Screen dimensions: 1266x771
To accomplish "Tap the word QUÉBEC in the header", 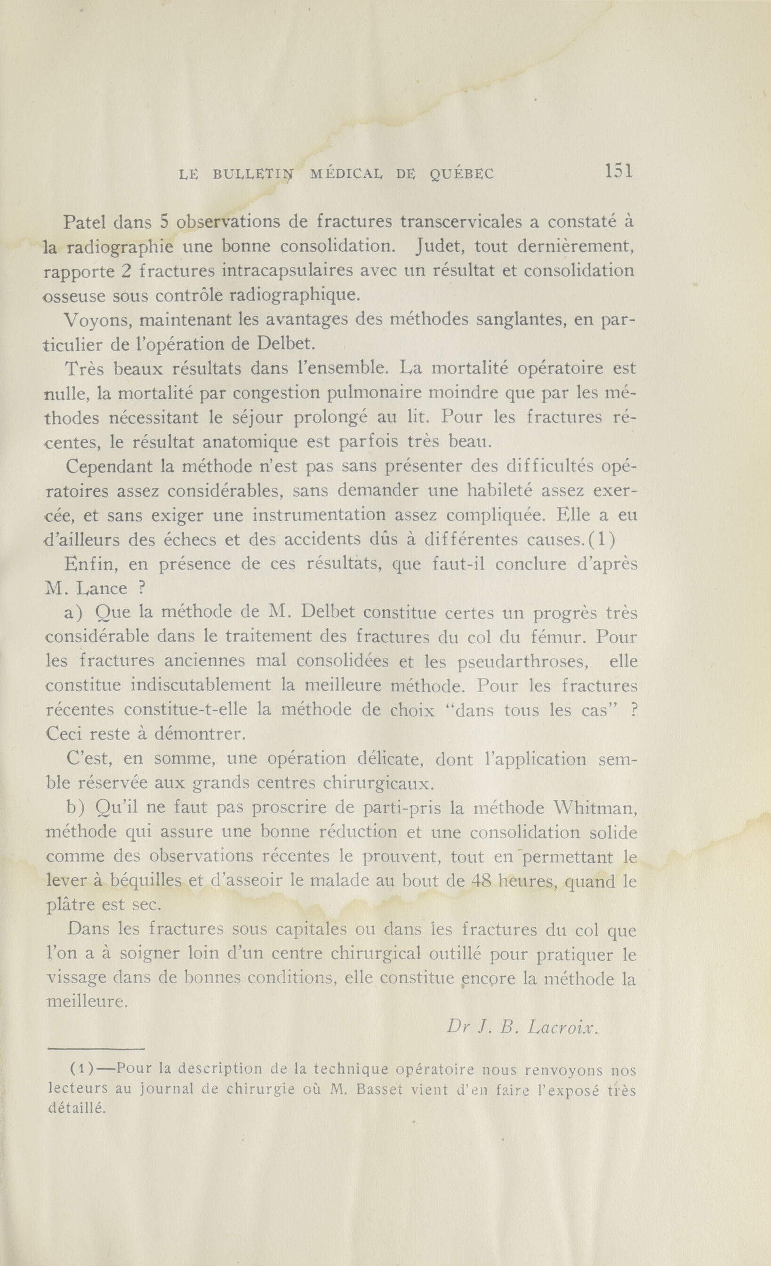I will click(x=461, y=175).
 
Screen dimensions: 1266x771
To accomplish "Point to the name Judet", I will click(x=440, y=247).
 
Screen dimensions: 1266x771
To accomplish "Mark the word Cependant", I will click(x=110, y=467).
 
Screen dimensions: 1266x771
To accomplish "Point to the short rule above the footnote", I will click(x=96, y=1049).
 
